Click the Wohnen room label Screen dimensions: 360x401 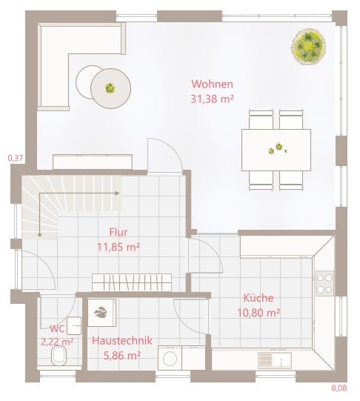[213, 84]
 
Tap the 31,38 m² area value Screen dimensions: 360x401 [213, 99]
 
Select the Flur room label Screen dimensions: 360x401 [119, 232]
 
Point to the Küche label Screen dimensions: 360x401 [259, 298]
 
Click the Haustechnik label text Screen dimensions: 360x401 [122, 341]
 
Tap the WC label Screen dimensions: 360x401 [57, 328]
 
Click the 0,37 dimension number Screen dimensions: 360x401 [16, 159]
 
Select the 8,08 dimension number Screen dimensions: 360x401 [339, 388]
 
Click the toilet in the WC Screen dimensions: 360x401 [59, 356]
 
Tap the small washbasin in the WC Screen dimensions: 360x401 [74, 326]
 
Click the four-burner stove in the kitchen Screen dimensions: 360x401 [324, 283]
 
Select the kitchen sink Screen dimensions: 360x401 [275, 360]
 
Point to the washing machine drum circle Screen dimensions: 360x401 [170, 359]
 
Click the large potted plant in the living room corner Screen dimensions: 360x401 [309, 47]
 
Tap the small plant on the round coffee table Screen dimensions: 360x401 [110, 88]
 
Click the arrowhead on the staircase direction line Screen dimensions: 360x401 [117, 193]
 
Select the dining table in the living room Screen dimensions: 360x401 [276, 150]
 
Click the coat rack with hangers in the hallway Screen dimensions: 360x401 [132, 282]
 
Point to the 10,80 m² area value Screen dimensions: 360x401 [259, 313]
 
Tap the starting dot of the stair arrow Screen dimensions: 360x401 [39, 234]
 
